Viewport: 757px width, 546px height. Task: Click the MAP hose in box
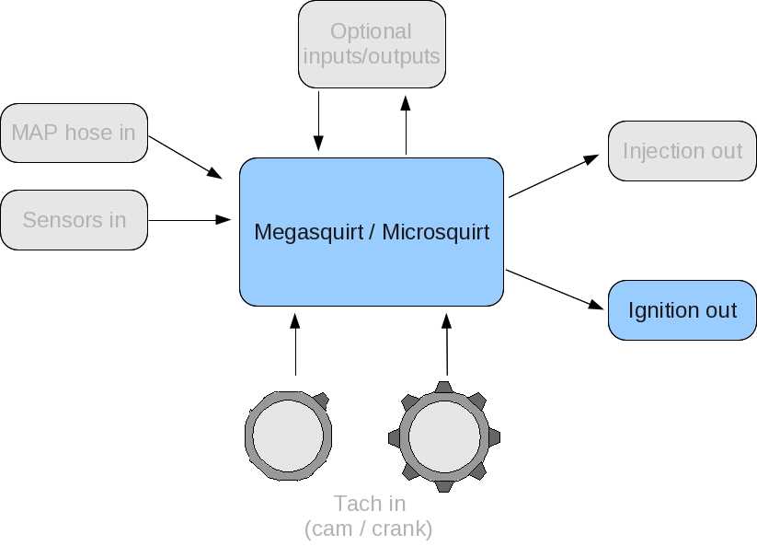tap(74, 133)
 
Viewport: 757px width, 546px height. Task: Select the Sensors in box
tap(74, 220)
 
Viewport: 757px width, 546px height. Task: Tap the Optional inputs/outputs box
tap(372, 44)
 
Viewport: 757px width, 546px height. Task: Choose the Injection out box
tap(682, 151)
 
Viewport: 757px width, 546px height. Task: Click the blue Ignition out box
tap(682, 310)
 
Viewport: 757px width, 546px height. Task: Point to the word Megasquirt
tap(308, 232)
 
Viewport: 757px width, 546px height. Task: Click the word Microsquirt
tap(435, 232)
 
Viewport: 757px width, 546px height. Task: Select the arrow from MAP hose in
tap(186, 157)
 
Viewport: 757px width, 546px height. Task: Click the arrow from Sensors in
tap(189, 220)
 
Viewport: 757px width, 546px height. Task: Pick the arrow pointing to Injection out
tap(554, 176)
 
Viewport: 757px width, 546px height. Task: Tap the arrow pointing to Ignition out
tap(555, 290)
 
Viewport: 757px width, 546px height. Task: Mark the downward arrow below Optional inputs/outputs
tap(318, 121)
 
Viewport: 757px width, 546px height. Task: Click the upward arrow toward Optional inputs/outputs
tap(406, 125)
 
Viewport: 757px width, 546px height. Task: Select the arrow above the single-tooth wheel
tap(295, 344)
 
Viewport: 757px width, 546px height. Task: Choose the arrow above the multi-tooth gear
tap(447, 344)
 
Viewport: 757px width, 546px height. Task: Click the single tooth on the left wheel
tap(322, 401)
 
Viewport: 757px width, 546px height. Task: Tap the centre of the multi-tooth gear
tap(444, 436)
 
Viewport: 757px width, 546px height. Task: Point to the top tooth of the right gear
tap(444, 387)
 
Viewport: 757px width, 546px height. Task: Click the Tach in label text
tap(370, 504)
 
